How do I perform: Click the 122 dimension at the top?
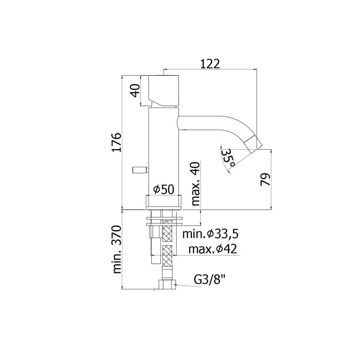pos(210,63)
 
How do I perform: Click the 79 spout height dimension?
pos(266,180)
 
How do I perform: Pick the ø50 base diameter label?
pos(164,189)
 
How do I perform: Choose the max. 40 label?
pos(195,184)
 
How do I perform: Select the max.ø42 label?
pos(212,249)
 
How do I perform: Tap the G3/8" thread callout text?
pos(210,280)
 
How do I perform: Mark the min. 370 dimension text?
pos(117,250)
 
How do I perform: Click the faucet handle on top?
pos(164,91)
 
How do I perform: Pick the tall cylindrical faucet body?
pos(164,151)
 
